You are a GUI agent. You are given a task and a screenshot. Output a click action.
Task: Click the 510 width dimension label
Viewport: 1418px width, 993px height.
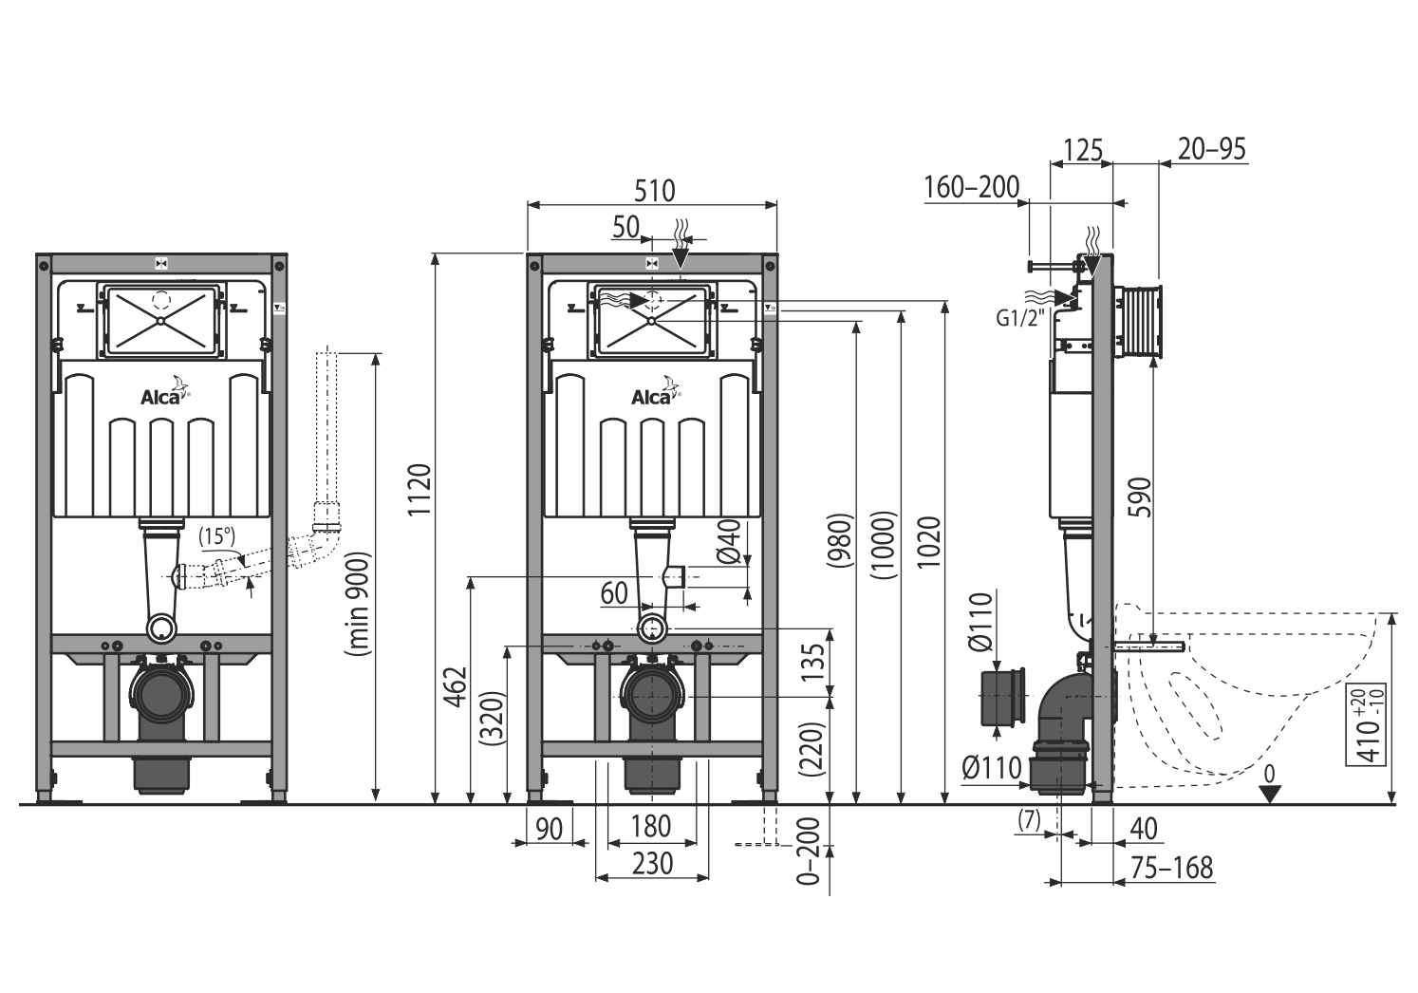[654, 191]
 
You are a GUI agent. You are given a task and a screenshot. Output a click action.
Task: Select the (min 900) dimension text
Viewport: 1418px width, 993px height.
[357, 604]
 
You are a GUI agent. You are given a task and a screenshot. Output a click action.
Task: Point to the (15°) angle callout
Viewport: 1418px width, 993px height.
[216, 536]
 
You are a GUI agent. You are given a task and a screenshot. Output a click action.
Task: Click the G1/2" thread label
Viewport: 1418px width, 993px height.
[1018, 318]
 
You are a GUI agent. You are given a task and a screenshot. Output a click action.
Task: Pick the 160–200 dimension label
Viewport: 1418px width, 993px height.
[972, 187]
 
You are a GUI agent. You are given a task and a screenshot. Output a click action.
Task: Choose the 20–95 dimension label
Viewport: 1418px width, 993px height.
[1212, 149]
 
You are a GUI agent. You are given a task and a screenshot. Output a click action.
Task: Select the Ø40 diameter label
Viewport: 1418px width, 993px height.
[729, 541]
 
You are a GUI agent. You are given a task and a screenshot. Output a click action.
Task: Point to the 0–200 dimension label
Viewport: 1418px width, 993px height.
[809, 852]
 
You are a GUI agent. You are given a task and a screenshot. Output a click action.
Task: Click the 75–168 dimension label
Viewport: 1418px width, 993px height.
[1172, 869]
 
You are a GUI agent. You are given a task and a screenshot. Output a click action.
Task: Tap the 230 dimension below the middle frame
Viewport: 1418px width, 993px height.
[653, 864]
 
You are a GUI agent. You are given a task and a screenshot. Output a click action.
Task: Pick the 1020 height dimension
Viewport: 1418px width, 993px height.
[929, 542]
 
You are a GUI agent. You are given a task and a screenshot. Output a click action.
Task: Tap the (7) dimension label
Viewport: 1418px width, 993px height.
[1029, 821]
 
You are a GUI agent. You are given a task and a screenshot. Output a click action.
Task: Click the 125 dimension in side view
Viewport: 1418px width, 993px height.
[1083, 151]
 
